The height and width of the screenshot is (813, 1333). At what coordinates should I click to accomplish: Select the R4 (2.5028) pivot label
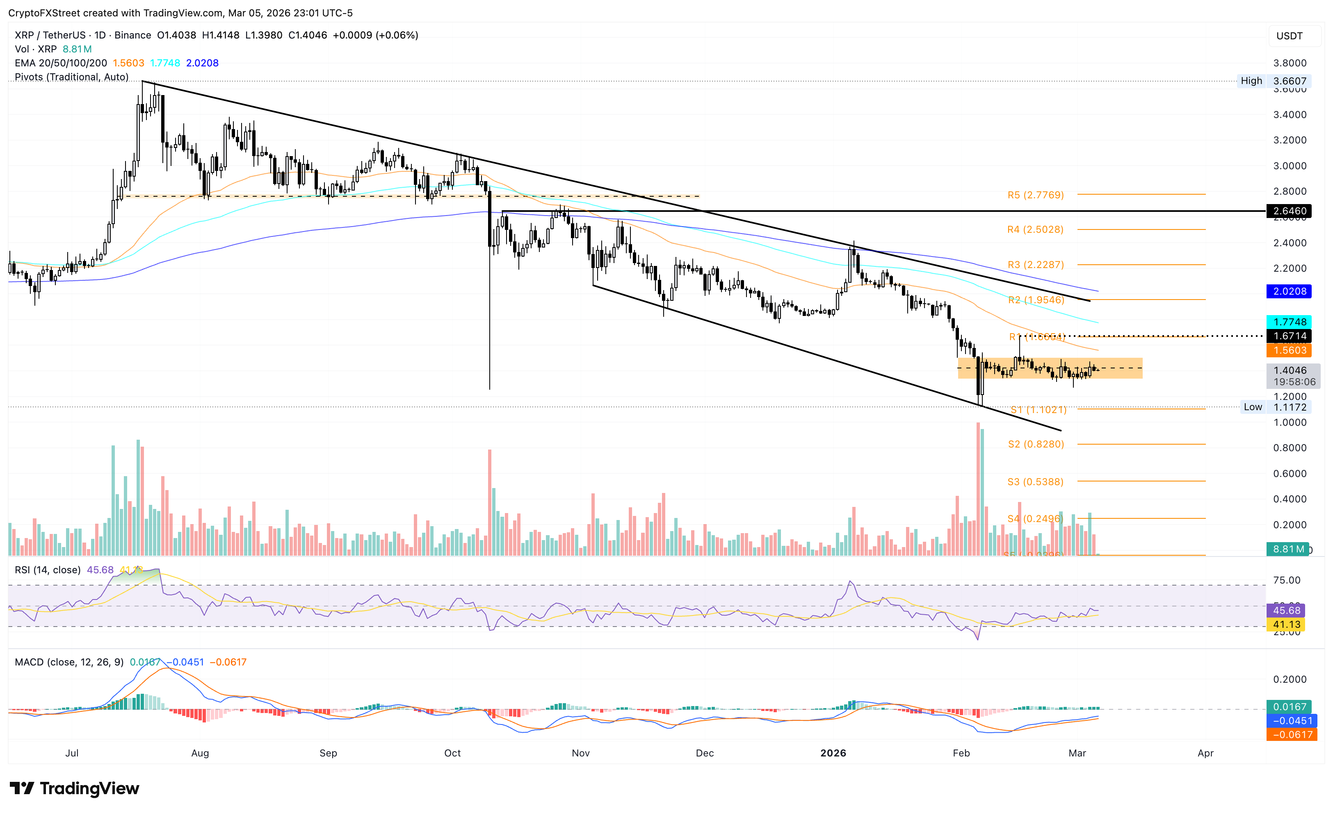[1035, 230]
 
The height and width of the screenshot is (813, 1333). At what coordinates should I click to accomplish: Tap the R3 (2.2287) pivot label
[1035, 265]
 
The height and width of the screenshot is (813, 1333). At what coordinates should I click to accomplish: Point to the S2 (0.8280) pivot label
[1036, 444]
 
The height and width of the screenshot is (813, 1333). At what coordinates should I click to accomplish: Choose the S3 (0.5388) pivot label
[1035, 481]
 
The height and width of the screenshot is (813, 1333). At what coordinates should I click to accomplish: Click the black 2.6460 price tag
[1289, 211]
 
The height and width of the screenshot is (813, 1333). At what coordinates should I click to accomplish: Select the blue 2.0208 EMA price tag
[1289, 291]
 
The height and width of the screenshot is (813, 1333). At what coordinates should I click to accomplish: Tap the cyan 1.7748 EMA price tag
[1289, 322]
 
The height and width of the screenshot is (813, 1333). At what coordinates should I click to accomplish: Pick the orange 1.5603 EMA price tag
[1289, 350]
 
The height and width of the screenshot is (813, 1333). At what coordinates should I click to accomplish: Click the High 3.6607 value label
[1289, 81]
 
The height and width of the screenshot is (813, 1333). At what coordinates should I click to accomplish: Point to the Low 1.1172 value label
[1289, 407]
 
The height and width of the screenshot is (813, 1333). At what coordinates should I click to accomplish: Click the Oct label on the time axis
[452, 753]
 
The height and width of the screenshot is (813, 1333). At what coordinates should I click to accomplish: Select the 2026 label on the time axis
[833, 753]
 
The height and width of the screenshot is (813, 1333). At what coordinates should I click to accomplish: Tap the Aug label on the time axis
[200, 753]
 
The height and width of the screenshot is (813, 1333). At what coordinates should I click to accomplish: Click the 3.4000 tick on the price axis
[1289, 115]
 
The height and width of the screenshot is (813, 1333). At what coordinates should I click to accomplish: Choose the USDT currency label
[1289, 36]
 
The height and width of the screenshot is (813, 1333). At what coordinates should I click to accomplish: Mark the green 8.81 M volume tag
[1287, 549]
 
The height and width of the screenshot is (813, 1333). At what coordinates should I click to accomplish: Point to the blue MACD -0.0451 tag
[1292, 720]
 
